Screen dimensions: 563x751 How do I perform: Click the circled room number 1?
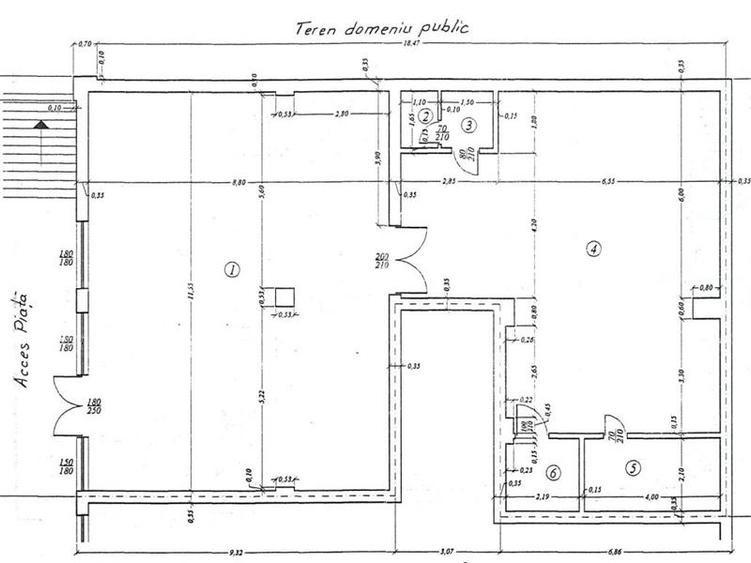point(231,268)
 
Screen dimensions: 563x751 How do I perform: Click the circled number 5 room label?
point(631,466)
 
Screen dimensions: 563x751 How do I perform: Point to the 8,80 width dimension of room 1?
point(238,182)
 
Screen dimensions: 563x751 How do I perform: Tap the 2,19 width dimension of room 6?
point(544,495)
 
